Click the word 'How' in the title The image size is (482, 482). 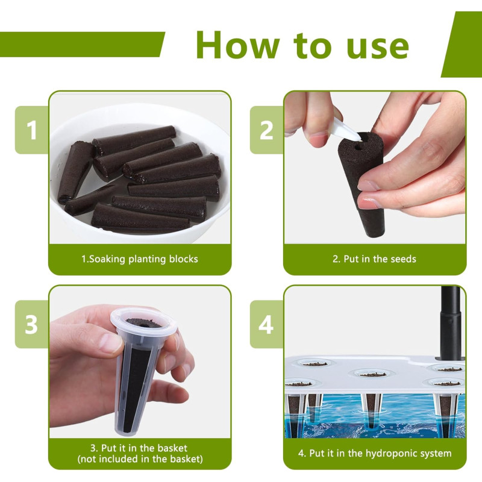pos(237,45)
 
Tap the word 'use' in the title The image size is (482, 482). pos(378,47)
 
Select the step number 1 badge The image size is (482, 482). pos(32,130)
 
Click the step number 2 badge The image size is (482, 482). pos(266,130)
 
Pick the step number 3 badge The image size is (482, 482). pos(32,324)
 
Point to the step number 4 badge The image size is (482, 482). pos(266,324)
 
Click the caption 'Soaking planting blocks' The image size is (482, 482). pos(143,259)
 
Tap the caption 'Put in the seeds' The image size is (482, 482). pos(380,259)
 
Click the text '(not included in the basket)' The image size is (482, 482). pos(140,459)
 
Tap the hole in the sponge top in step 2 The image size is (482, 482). pos(358,147)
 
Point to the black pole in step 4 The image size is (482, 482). pos(451,323)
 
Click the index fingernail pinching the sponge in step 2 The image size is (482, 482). pos(368,186)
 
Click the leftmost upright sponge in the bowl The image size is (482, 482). pos(76,172)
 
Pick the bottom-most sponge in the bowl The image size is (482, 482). pos(140,218)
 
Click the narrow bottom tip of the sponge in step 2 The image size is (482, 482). pos(375,234)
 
